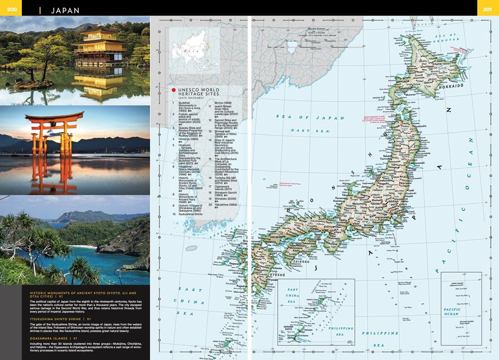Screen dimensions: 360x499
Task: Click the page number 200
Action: [x=12, y=9]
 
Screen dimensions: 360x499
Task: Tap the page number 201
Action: [x=488, y=9]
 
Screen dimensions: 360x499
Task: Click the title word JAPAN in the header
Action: [x=65, y=10]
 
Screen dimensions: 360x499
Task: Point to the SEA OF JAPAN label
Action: [x=310, y=118]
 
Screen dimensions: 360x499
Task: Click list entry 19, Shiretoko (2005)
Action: [x=229, y=198]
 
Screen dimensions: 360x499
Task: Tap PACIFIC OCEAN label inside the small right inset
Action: [x=452, y=312]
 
